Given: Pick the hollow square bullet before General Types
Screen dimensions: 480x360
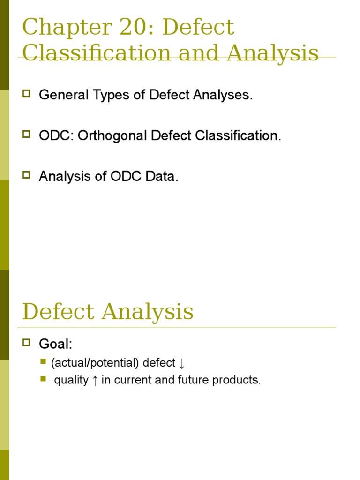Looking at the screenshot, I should (x=26, y=94).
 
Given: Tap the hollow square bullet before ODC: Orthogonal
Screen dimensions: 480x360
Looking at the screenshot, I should (x=26, y=135).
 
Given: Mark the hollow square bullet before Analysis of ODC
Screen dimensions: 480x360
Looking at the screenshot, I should (x=26, y=175).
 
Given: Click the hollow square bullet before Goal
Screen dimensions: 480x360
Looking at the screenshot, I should (x=26, y=343).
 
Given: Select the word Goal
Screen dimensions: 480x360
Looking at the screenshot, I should (x=55, y=345).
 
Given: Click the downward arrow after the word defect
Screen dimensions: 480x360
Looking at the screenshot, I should (x=182, y=363).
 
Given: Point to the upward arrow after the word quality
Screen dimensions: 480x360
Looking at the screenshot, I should (x=95, y=380).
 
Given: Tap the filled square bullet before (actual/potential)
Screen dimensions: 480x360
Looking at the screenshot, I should (x=43, y=361).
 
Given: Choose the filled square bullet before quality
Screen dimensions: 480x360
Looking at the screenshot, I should (x=43, y=378).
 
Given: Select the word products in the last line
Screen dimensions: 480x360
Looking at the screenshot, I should (x=236, y=380).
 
